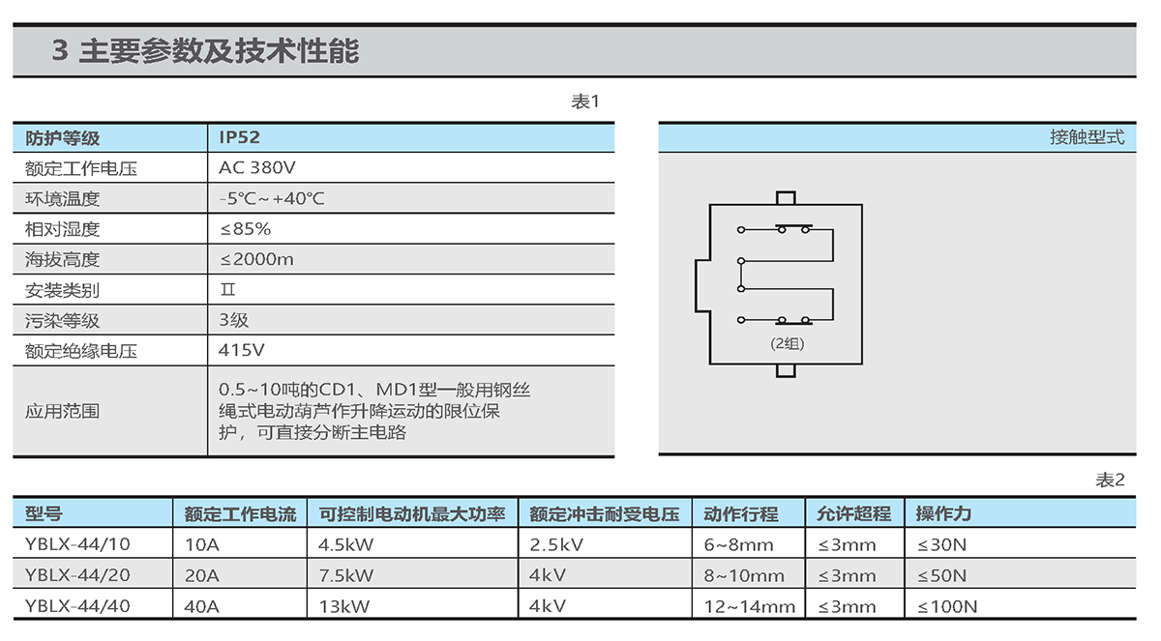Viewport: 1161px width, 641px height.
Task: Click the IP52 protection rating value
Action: (x=239, y=137)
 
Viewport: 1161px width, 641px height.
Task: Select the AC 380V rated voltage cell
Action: (x=257, y=168)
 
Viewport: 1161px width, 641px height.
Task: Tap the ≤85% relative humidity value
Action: (x=245, y=229)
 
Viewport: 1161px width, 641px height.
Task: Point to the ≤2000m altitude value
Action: (x=256, y=259)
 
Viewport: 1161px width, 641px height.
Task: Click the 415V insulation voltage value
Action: (x=242, y=351)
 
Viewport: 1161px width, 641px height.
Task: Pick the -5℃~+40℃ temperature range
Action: (x=272, y=198)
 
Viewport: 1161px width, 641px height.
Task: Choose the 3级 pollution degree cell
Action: (x=234, y=320)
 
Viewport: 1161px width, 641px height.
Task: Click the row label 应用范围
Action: (x=62, y=411)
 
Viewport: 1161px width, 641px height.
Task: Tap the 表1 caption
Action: (x=585, y=102)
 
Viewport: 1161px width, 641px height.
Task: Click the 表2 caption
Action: (x=1110, y=480)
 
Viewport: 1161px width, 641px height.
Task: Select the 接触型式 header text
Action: (x=1087, y=137)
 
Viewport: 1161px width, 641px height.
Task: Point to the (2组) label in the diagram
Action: (x=787, y=344)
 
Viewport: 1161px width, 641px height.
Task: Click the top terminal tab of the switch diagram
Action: (x=786, y=198)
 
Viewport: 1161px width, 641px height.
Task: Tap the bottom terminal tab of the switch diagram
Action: (x=786, y=370)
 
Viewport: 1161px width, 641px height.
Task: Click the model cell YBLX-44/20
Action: (x=77, y=575)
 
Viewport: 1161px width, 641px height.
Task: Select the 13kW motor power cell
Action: (x=344, y=606)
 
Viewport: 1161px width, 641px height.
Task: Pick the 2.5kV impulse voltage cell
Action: (x=556, y=544)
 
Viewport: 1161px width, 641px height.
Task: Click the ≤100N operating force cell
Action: (x=947, y=606)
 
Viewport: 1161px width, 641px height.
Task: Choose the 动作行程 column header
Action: (x=741, y=513)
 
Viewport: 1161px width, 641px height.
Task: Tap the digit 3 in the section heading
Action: (x=60, y=50)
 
